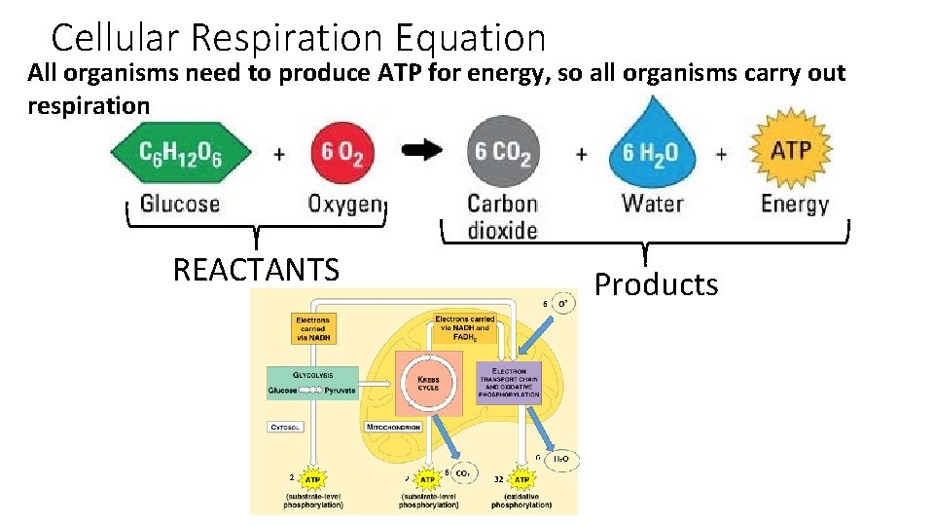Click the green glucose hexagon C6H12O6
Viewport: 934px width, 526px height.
click(x=180, y=154)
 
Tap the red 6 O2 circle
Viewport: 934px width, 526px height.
click(x=343, y=154)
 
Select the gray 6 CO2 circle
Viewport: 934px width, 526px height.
click(x=502, y=154)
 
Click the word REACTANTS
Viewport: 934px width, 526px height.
click(x=256, y=269)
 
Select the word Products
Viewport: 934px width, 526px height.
click(x=656, y=284)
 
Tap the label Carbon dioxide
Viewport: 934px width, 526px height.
click(x=502, y=217)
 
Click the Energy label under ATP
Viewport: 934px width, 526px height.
click(x=795, y=204)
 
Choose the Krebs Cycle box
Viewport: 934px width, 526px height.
click(x=428, y=381)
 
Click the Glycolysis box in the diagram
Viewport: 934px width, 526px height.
click(x=312, y=383)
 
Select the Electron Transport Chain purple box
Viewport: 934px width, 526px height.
click(x=509, y=383)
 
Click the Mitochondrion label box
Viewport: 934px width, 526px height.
click(x=393, y=427)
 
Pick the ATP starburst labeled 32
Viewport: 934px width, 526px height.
click(x=521, y=479)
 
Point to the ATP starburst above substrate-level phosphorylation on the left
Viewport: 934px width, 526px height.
click(x=312, y=479)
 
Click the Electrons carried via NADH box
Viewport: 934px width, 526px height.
click(x=312, y=328)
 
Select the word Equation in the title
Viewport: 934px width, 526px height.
click(x=471, y=38)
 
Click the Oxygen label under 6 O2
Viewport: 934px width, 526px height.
click(x=345, y=204)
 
